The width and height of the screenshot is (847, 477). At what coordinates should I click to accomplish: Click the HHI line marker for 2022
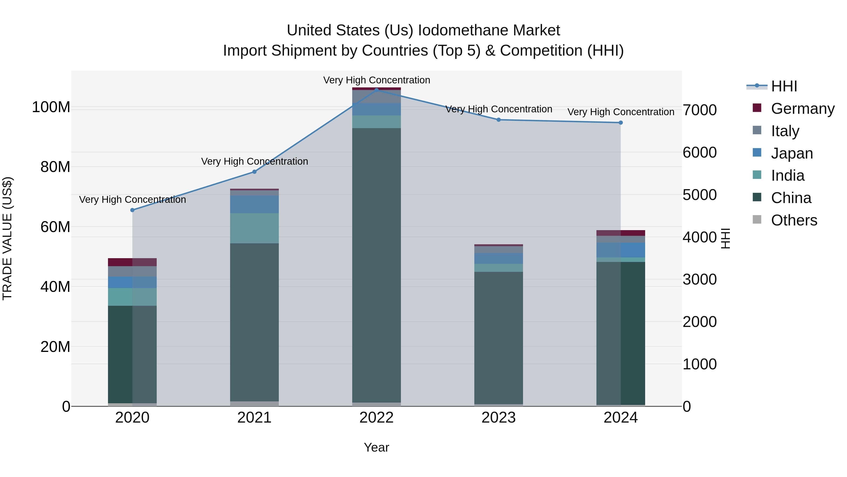pyautogui.click(x=376, y=90)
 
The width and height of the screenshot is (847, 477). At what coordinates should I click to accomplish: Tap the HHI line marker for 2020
pyautogui.click(x=132, y=210)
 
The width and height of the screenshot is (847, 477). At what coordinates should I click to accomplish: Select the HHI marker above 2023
pyautogui.click(x=499, y=120)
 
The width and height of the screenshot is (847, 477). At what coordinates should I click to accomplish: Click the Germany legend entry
pyautogui.click(x=802, y=109)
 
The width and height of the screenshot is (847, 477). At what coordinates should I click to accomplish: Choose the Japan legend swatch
pyautogui.click(x=757, y=153)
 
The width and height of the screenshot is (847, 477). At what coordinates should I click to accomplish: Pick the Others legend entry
pyautogui.click(x=794, y=220)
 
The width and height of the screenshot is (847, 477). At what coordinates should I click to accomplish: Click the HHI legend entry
pyautogui.click(x=784, y=86)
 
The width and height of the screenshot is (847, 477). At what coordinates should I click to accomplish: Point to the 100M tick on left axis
pyautogui.click(x=51, y=107)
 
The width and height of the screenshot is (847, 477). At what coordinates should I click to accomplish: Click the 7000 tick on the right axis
pyautogui.click(x=700, y=110)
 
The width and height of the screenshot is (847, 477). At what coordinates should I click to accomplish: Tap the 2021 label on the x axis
pyautogui.click(x=254, y=418)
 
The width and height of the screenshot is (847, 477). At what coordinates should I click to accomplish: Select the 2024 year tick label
pyautogui.click(x=620, y=418)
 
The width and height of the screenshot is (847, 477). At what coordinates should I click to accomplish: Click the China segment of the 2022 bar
pyautogui.click(x=376, y=263)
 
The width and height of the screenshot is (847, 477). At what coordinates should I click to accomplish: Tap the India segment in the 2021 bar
pyautogui.click(x=254, y=228)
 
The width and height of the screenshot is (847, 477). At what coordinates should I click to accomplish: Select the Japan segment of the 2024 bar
pyautogui.click(x=620, y=250)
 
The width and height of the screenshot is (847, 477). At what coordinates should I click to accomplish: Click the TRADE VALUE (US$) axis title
pyautogui.click(x=7, y=238)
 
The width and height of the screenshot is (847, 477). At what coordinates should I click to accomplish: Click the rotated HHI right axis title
pyautogui.click(x=725, y=238)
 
